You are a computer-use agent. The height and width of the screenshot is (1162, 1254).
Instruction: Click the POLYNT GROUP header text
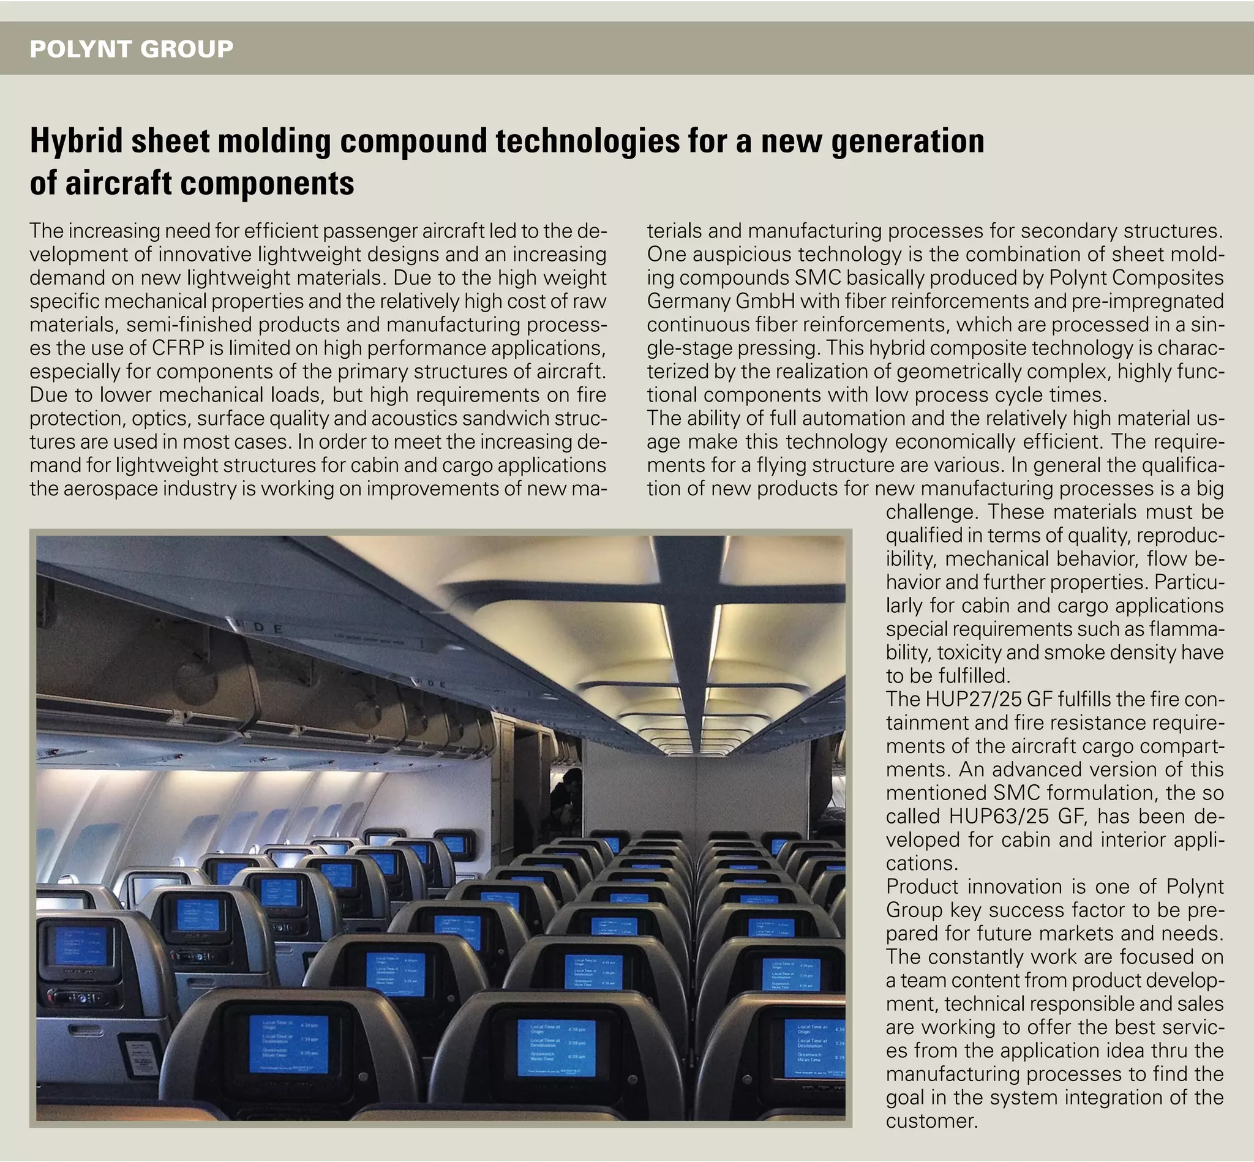(x=132, y=48)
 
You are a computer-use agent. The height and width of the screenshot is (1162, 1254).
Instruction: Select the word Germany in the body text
(x=688, y=301)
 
